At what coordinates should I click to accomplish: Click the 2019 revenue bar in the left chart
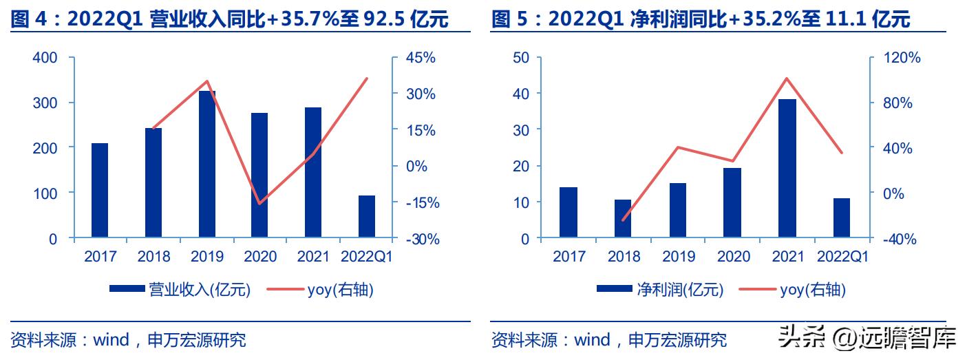206,165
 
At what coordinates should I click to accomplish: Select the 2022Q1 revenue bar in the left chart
367,218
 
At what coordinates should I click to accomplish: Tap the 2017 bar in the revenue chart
100,191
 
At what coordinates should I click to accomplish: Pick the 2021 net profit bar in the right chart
787,169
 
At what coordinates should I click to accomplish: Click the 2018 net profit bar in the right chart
623,220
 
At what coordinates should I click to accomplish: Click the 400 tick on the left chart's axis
45,58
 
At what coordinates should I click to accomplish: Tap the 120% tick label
902,58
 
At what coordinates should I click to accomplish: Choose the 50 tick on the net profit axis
520,58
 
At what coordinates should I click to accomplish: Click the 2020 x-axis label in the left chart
260,257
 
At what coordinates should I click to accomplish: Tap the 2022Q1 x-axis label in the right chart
842,257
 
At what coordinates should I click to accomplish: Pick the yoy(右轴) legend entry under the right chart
812,290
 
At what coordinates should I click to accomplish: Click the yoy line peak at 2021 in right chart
787,78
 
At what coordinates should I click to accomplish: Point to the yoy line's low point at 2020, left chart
259,204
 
